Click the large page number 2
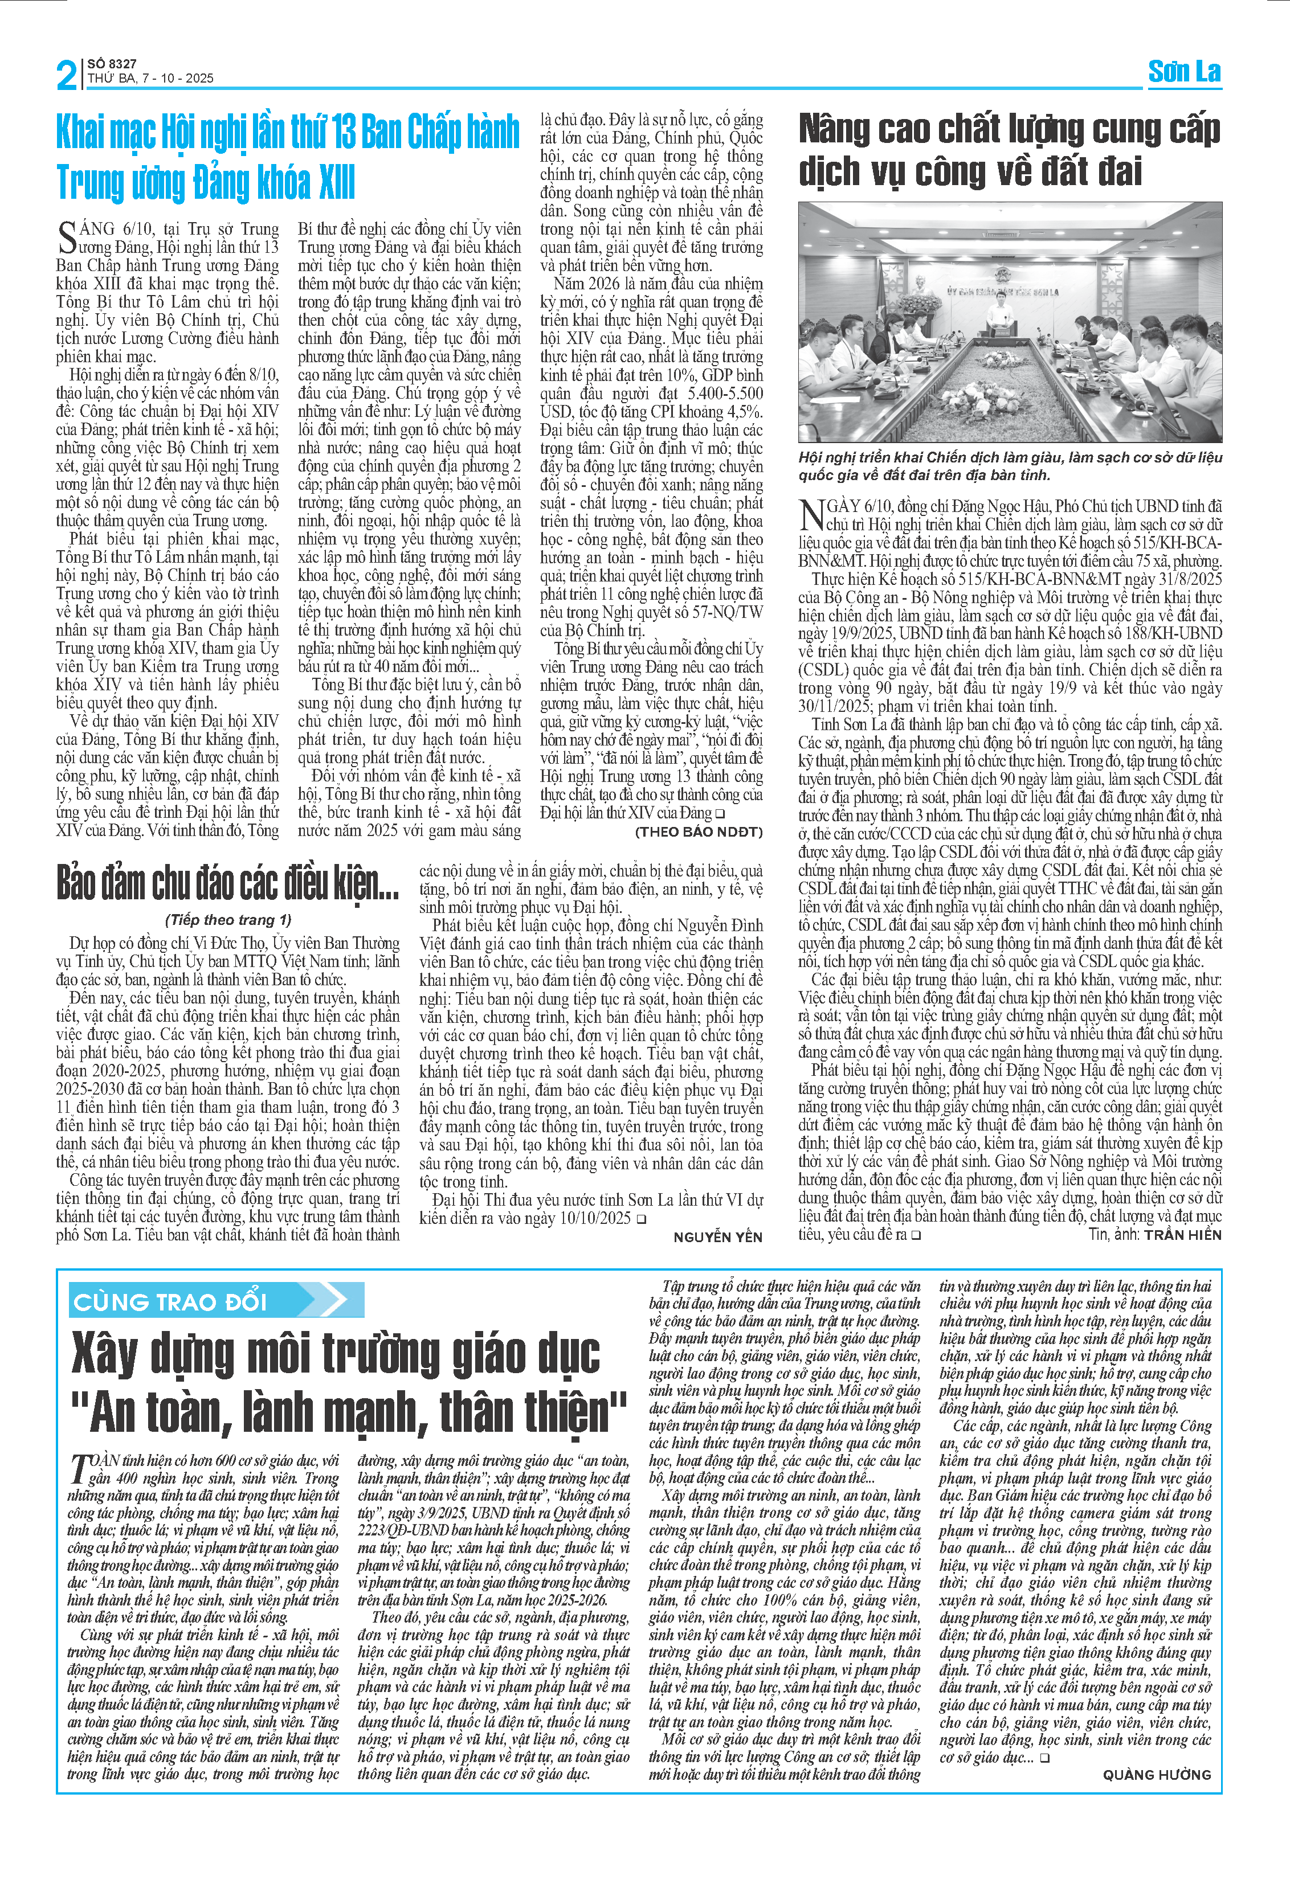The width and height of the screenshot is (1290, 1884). click(x=67, y=75)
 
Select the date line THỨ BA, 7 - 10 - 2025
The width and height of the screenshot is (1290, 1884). click(x=151, y=79)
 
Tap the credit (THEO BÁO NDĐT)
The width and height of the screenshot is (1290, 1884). click(x=698, y=832)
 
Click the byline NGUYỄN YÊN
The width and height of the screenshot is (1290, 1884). click(x=717, y=1236)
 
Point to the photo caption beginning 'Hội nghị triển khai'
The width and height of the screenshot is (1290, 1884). click(x=1010, y=466)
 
